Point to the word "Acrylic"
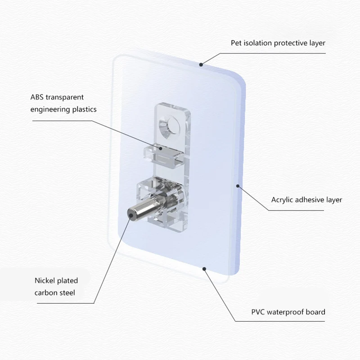[x=283, y=200]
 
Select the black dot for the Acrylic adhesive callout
[x=238, y=184]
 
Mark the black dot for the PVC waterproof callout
[x=205, y=269]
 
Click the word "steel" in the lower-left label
[x=68, y=293]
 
